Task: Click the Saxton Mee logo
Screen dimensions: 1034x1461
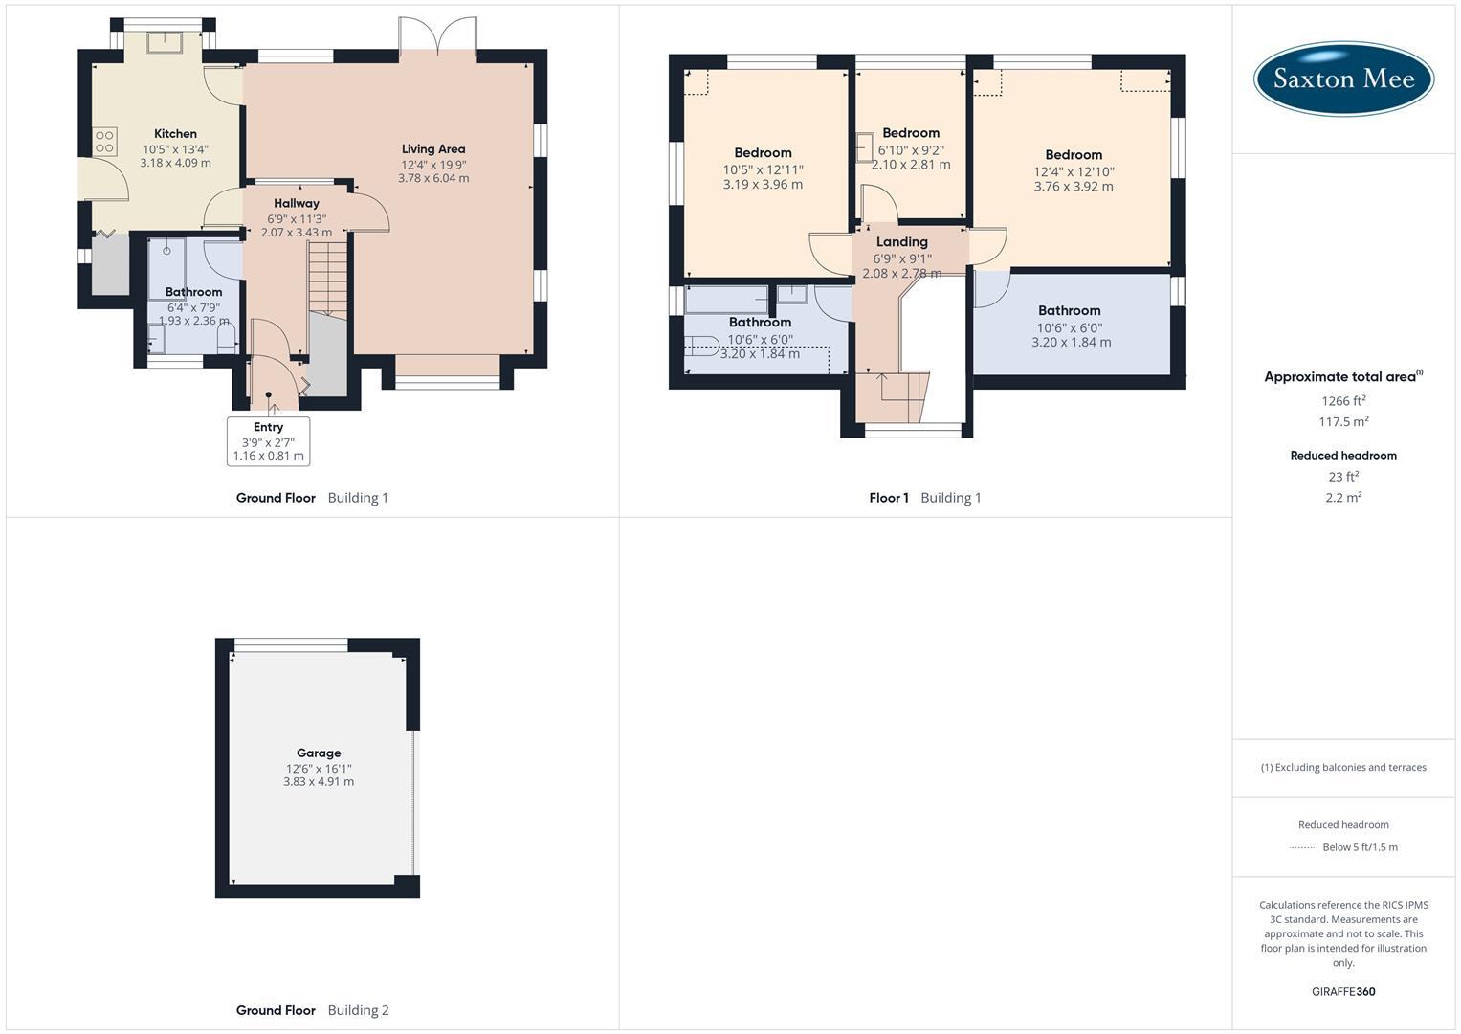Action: (1343, 79)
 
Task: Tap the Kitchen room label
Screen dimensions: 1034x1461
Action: (175, 134)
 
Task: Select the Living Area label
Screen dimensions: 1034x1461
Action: (433, 149)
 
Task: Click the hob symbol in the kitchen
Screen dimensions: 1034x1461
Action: (104, 142)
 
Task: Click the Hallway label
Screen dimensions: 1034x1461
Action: (297, 203)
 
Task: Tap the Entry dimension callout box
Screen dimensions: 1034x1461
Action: (269, 441)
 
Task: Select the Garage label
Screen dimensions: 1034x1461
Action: (319, 753)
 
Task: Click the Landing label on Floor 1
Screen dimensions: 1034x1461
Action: (901, 242)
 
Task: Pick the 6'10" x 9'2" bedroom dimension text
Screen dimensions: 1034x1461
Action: (911, 149)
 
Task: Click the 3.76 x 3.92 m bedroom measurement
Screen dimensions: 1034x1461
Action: (1074, 187)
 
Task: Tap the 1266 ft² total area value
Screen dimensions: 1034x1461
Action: (1343, 401)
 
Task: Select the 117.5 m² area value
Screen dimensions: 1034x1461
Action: (1343, 422)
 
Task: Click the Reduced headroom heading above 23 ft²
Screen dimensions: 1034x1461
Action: (1343, 456)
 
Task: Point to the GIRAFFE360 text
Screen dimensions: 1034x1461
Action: (1343, 992)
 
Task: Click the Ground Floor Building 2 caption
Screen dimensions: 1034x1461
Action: (313, 1010)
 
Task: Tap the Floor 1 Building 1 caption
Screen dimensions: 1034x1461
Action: (925, 498)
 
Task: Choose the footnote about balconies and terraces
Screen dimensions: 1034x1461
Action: (1343, 768)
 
